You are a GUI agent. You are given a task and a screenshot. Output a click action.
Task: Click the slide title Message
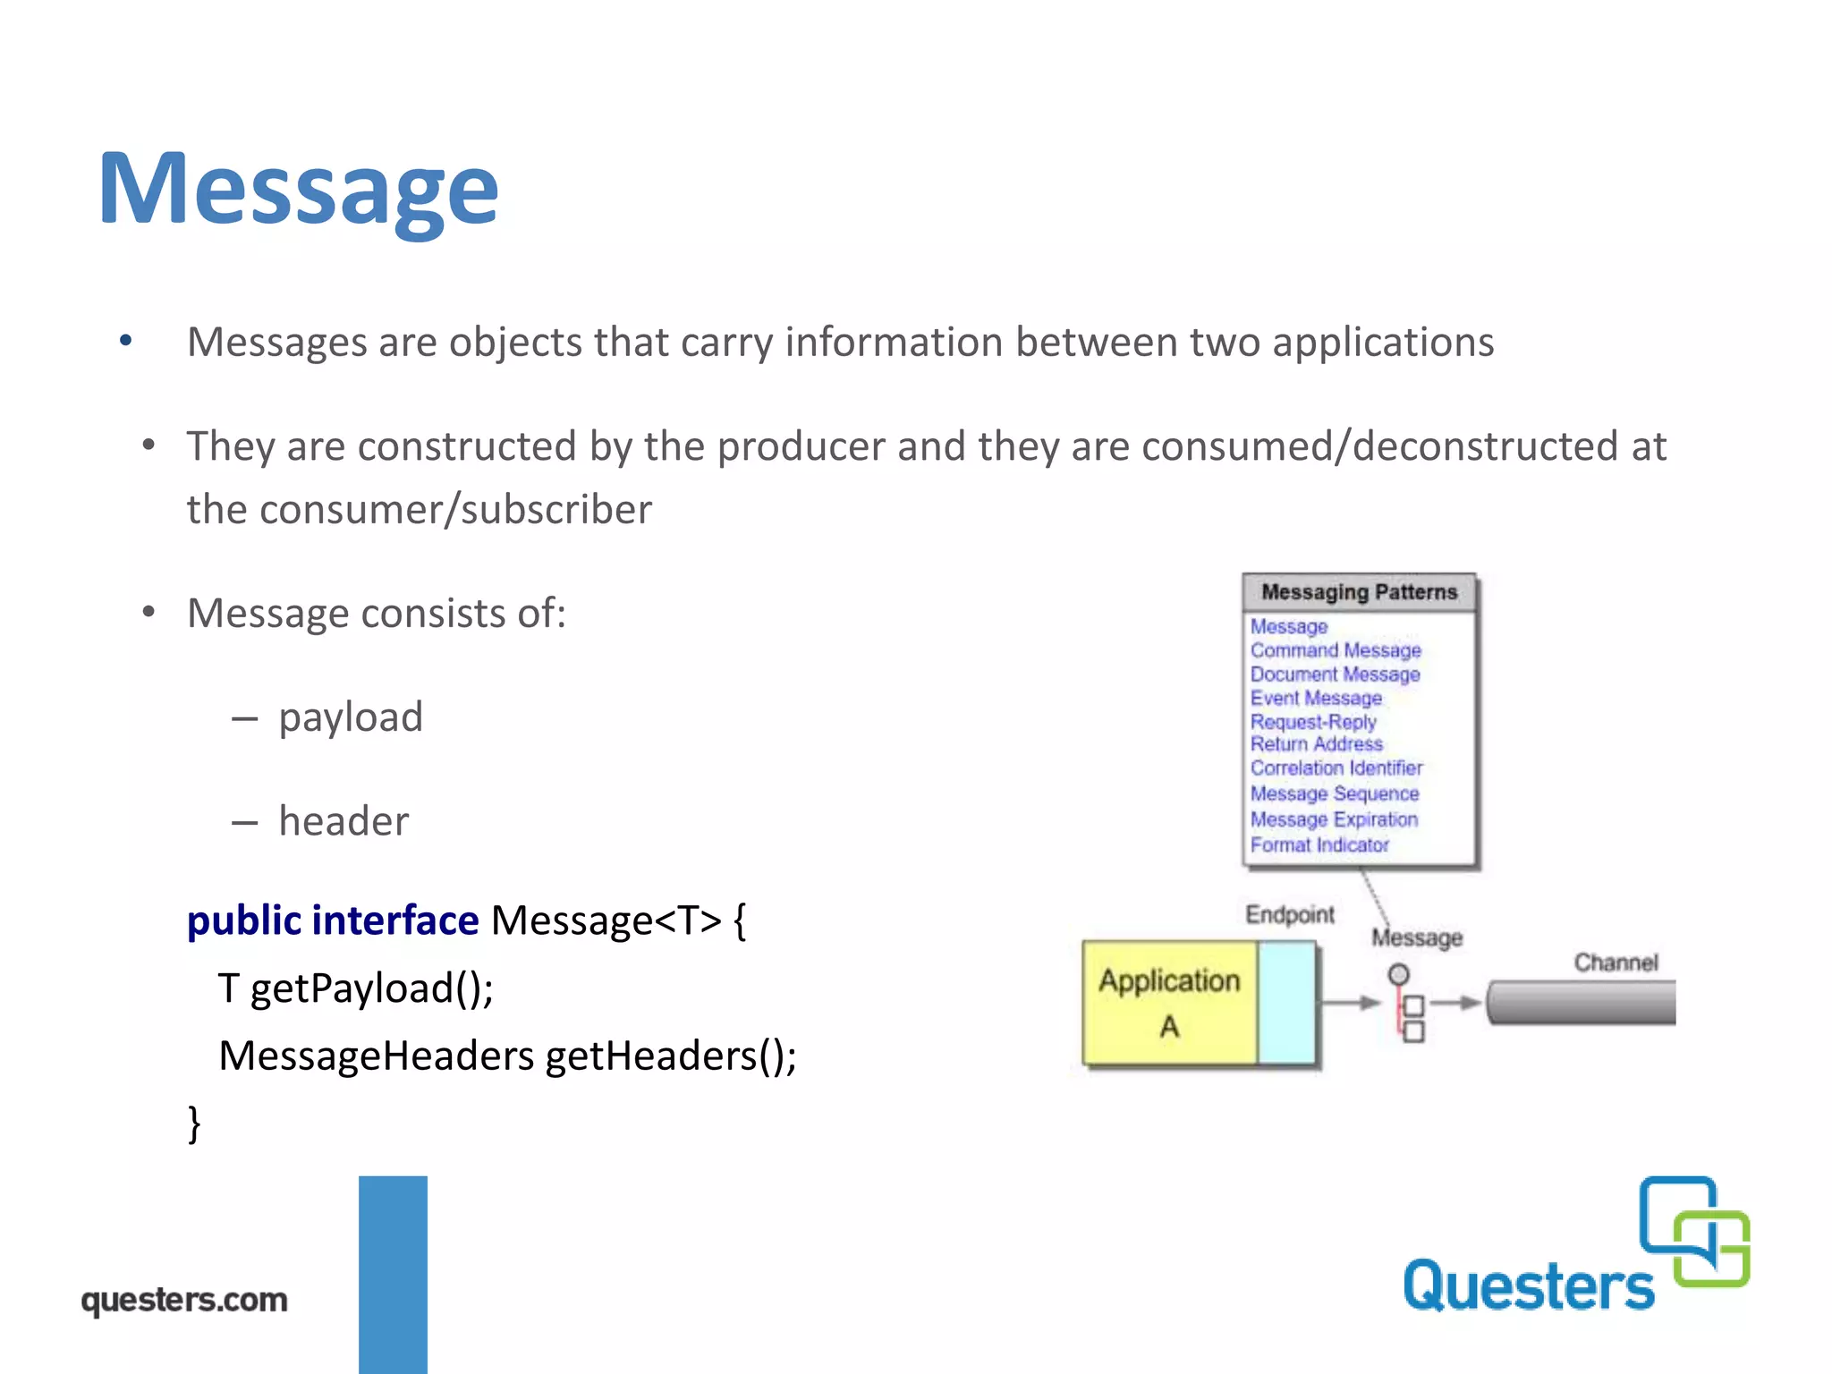coord(298,190)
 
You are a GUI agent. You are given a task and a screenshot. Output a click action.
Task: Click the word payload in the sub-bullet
coord(350,717)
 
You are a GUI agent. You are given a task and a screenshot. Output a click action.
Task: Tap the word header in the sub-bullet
coord(343,821)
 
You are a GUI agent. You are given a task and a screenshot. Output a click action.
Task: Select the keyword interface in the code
coord(395,920)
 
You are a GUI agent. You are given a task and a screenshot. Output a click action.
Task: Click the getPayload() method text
coord(371,988)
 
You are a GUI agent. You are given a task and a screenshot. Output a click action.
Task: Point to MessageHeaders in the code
coord(376,1056)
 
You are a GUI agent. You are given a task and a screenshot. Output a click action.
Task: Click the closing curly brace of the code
coord(194,1124)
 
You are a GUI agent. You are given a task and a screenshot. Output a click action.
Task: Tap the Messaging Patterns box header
coord(1358,592)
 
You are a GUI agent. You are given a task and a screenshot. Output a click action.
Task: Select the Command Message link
coord(1335,650)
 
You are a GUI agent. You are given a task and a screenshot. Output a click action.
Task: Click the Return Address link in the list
coord(1316,744)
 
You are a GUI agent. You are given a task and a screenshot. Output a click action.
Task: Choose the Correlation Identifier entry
coord(1336,768)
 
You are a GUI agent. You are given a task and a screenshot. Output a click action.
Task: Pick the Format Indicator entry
coord(1319,845)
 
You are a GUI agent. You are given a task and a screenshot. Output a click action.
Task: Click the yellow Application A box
coord(1168,1003)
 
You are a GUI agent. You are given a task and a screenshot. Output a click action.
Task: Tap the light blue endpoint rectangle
coord(1285,1003)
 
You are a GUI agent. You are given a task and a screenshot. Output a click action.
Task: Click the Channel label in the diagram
coord(1616,963)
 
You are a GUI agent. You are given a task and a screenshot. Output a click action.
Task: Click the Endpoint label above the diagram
coord(1289,914)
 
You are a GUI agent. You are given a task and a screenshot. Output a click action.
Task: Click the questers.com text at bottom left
coord(184,1300)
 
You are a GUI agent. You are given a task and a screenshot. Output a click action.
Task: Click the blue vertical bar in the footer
coord(393,1274)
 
